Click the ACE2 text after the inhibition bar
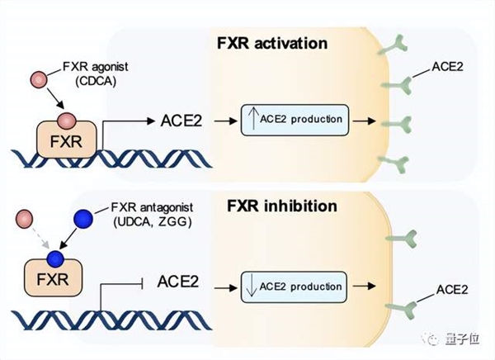point(181,286)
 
